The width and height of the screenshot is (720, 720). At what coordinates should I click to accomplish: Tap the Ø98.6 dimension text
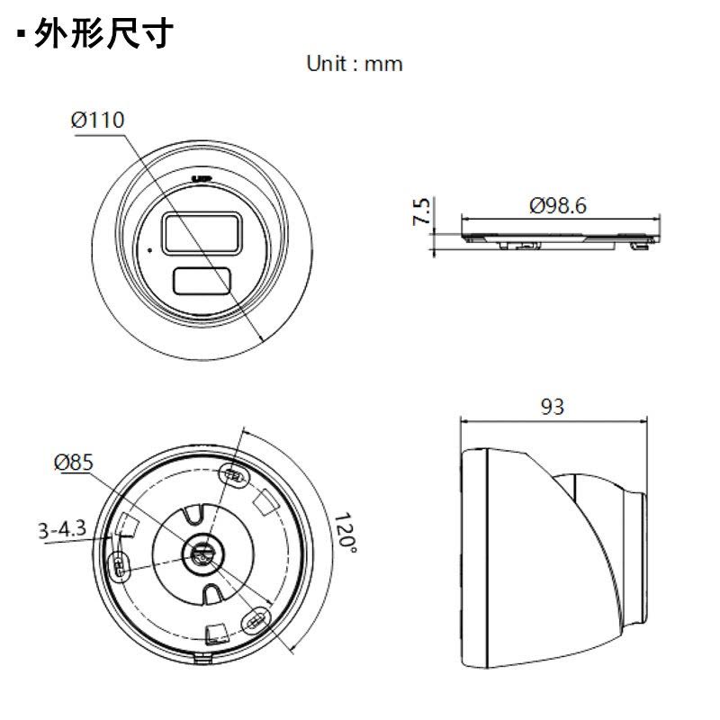click(x=558, y=206)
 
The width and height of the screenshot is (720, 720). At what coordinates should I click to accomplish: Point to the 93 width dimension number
click(x=553, y=407)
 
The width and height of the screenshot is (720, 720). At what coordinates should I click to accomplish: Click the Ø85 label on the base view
click(x=74, y=463)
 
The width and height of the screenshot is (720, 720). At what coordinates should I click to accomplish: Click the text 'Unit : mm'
click(x=355, y=64)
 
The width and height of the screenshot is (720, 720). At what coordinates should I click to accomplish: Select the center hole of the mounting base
click(x=202, y=553)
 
